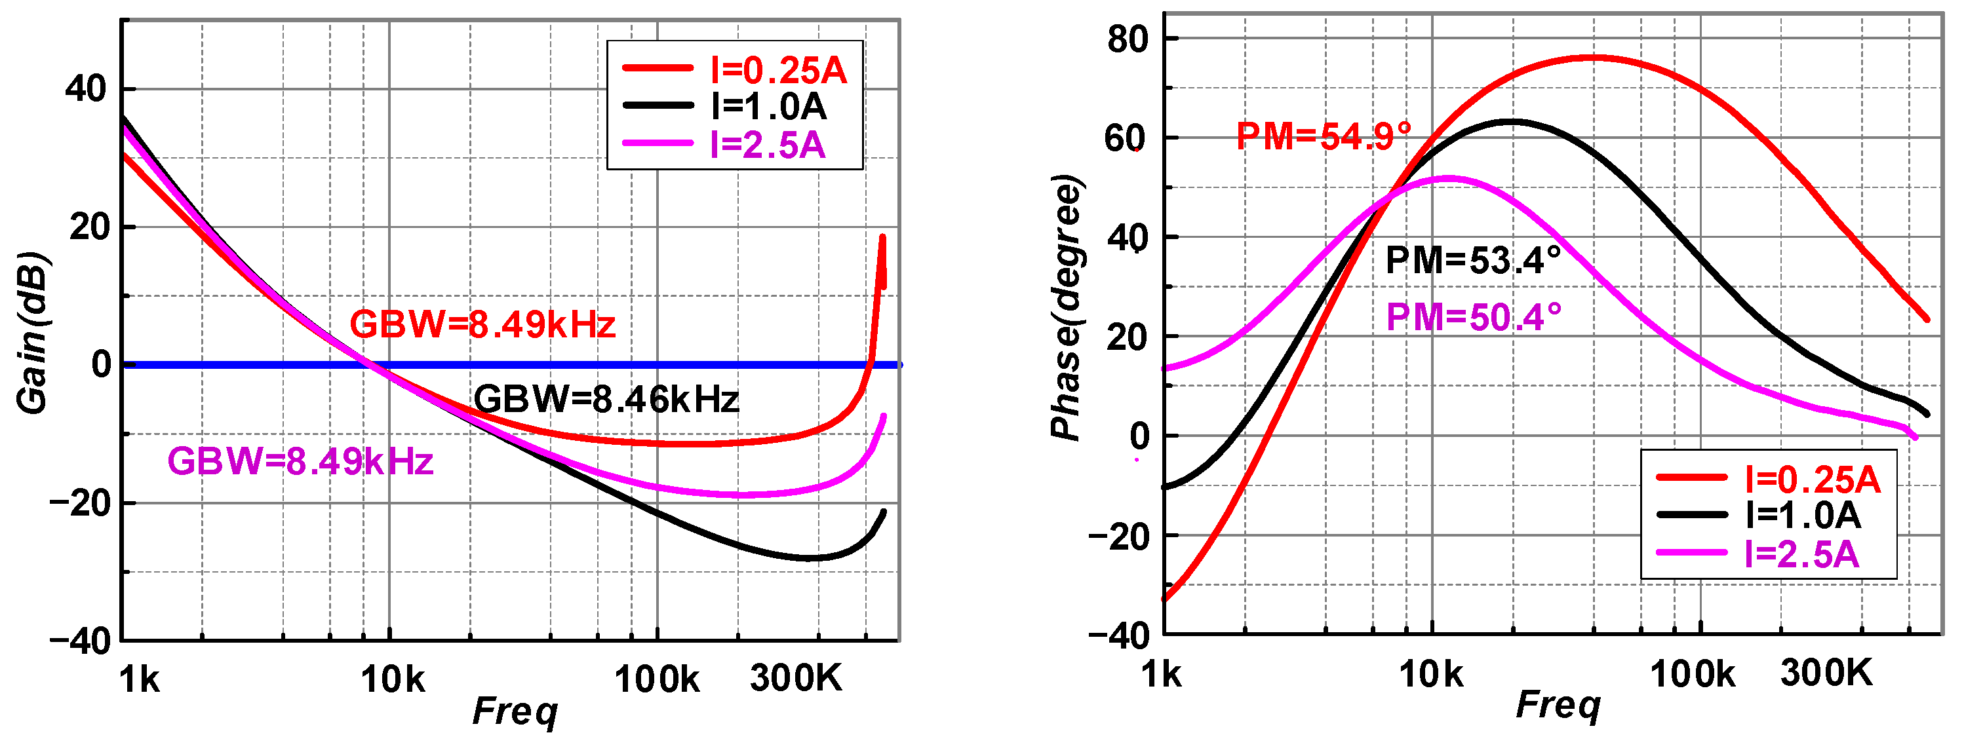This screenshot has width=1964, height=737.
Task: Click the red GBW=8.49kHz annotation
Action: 482,326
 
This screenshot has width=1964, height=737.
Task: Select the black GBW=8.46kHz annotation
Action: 606,400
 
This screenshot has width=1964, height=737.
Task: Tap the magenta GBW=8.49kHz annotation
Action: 300,462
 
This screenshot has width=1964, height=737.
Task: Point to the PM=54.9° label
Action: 1323,137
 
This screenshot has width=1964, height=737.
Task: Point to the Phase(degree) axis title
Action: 1067,308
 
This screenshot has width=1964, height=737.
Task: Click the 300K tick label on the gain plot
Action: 796,677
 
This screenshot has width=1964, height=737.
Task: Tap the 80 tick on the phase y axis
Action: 1128,38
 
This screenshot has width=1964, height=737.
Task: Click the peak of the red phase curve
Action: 1594,57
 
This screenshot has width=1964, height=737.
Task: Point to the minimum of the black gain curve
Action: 810,559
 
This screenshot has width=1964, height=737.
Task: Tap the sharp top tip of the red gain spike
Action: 882,237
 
